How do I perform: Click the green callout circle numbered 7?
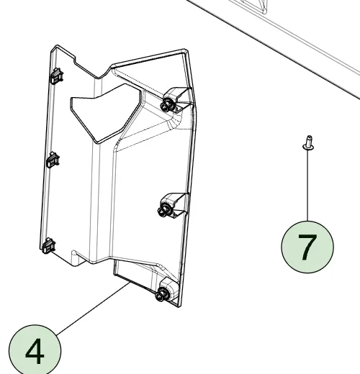307,247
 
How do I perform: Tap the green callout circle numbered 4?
35,351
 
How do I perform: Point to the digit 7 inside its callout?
307,247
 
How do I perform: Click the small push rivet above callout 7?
309,143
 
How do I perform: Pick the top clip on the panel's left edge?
57,76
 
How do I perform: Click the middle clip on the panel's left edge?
53,160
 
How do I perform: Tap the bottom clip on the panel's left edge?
49,246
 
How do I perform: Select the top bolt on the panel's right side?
166,106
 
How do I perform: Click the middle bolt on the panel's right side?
163,211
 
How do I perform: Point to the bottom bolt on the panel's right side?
161,295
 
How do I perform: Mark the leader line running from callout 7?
308,186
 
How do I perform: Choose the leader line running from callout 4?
94,309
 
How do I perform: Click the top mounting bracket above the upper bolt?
179,99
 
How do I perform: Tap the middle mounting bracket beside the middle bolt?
175,204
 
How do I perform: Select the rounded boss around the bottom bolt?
168,289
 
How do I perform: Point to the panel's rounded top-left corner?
55,47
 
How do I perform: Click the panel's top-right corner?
185,51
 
